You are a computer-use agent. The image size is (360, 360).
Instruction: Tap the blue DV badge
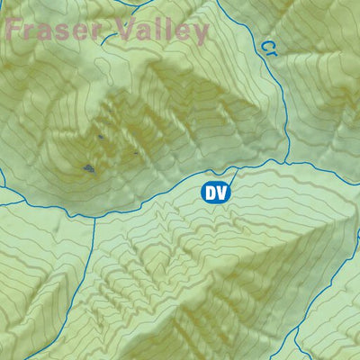(x=213, y=192)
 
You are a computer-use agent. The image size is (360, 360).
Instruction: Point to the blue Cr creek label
(x=268, y=48)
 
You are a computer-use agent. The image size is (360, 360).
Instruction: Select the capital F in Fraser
(x=13, y=30)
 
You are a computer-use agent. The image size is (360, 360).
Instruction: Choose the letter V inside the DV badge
(x=220, y=192)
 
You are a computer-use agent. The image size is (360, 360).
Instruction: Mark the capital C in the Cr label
(x=265, y=43)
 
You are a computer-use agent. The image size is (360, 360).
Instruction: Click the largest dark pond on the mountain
(x=88, y=167)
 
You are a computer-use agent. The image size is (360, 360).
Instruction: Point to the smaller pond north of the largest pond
(x=100, y=137)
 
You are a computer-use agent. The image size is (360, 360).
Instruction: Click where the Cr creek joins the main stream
(x=286, y=162)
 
